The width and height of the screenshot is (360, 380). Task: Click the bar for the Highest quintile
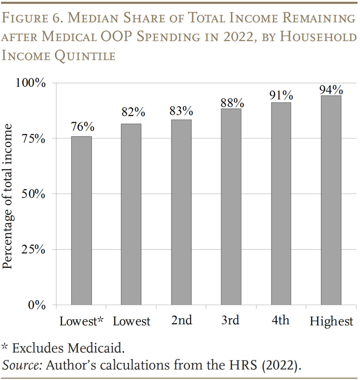(x=331, y=200)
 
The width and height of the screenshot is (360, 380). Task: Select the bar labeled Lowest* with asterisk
(x=81, y=221)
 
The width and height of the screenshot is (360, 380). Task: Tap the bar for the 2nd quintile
(x=181, y=212)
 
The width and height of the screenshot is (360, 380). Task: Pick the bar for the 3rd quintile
(x=231, y=207)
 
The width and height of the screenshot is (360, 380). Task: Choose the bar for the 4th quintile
(x=281, y=204)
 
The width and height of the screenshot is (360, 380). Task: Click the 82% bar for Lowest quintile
(x=131, y=214)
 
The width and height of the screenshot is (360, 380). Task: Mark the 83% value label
(x=181, y=111)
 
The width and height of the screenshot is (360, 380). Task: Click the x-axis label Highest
(x=331, y=321)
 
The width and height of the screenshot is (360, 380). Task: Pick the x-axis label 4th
(x=281, y=320)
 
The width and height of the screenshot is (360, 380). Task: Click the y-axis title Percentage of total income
(x=8, y=196)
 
